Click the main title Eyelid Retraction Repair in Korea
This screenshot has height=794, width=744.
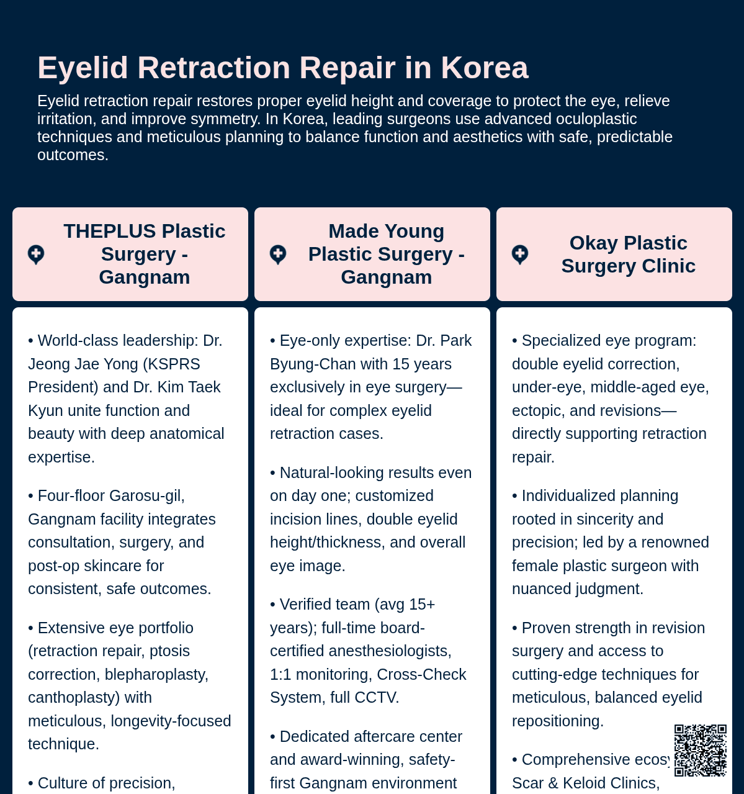[x=283, y=68]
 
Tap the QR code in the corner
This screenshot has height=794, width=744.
[x=700, y=750]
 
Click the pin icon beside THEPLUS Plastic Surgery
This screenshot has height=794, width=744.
[x=36, y=255]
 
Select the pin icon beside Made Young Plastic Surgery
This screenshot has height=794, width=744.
[x=278, y=255]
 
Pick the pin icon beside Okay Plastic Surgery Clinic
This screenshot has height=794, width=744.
[x=520, y=255]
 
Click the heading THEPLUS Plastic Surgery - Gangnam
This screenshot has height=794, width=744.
[x=144, y=254]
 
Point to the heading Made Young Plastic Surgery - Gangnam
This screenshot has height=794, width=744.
[x=386, y=254]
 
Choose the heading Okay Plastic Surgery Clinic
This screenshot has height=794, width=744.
[x=628, y=254]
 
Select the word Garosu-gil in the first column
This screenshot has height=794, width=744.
[x=147, y=496]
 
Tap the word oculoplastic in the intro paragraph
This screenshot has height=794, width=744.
[x=594, y=119]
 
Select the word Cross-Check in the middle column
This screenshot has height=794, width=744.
[x=421, y=675]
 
